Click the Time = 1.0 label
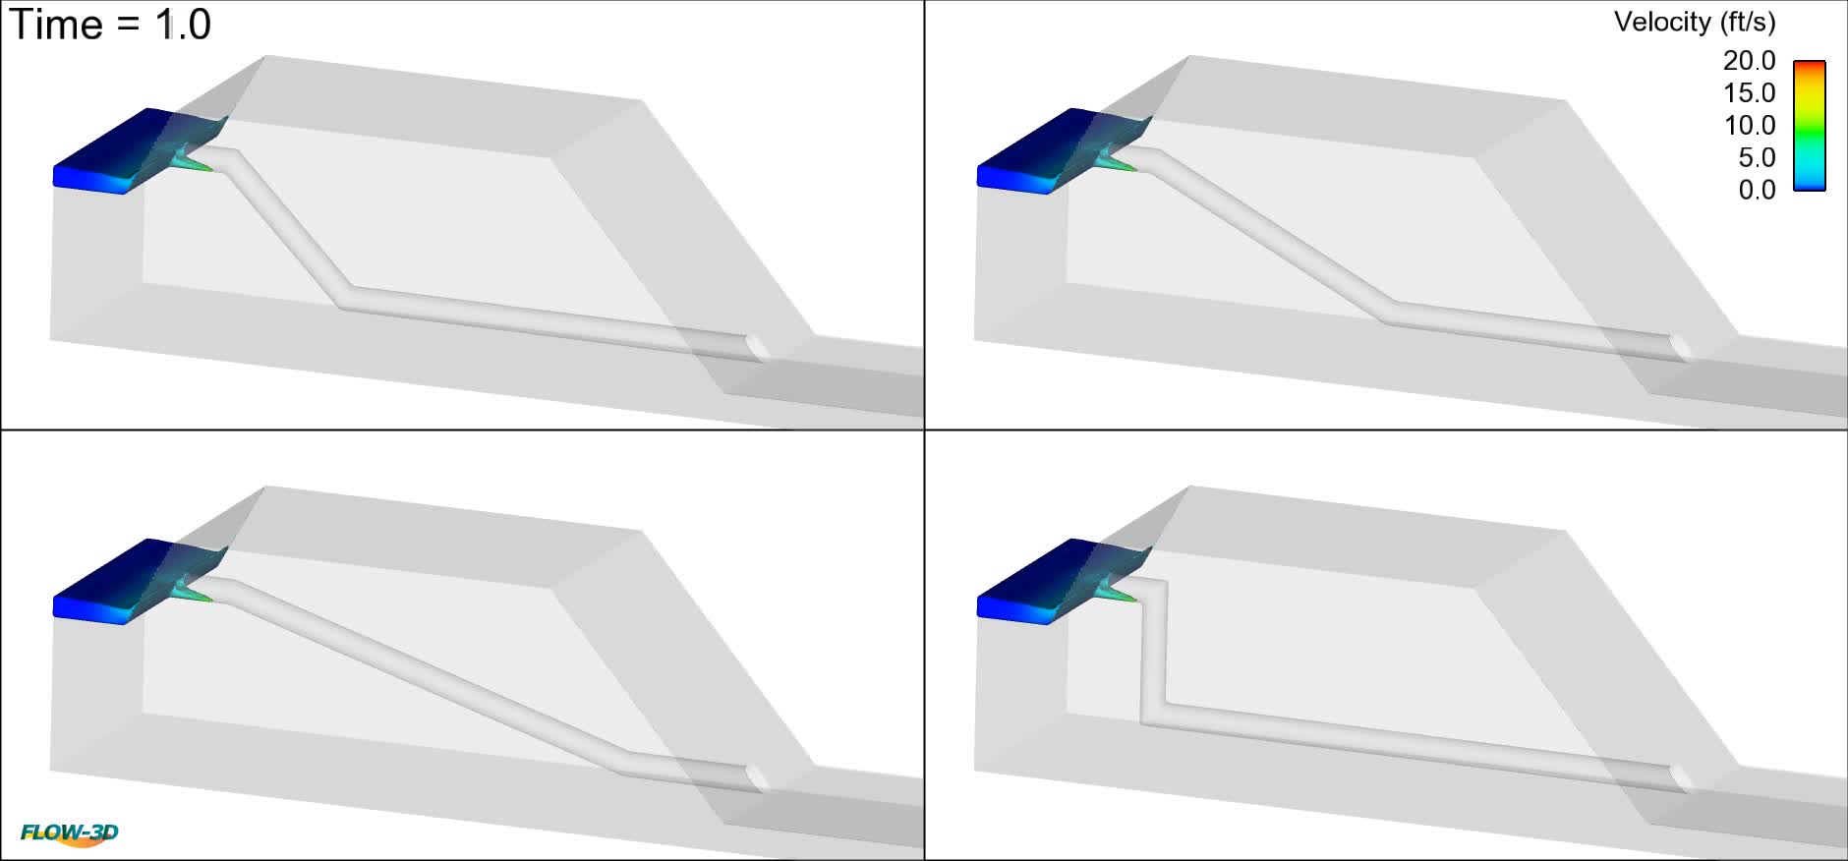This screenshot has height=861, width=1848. [110, 25]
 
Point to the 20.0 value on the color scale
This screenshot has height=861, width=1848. [1749, 61]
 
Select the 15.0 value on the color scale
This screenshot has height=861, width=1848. [1749, 93]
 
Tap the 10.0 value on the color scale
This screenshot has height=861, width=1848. [1749, 126]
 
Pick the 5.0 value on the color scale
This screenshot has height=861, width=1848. [1756, 158]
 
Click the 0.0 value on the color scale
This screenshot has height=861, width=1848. [1756, 191]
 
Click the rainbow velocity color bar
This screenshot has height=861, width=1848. [1810, 126]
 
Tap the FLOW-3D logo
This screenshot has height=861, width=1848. [70, 834]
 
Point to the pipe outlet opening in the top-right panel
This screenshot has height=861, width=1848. [1681, 347]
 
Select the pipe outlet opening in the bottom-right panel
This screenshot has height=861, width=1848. [1681, 777]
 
